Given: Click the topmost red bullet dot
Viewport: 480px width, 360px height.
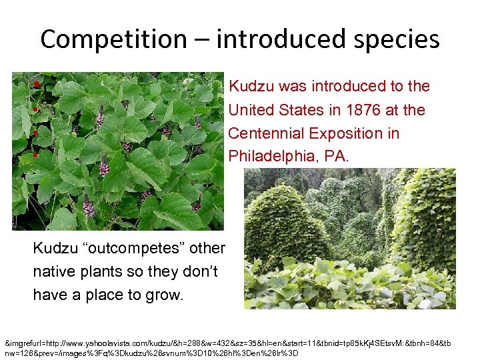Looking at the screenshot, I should (x=35, y=85).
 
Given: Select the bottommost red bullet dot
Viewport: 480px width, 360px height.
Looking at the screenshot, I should (x=35, y=155).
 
